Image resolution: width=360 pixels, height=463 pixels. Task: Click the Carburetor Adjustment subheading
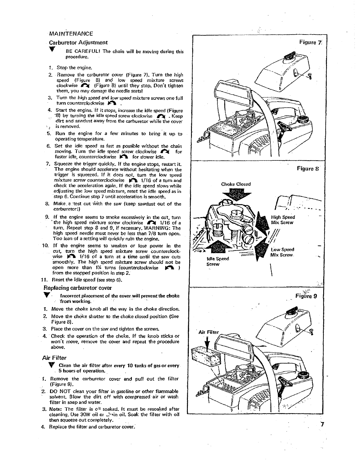pos(79,42)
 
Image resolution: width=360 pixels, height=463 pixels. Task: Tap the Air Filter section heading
pos(54,358)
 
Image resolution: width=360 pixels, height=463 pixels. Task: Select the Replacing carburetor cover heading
pos(77,288)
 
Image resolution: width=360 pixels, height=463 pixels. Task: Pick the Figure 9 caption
pos(308,296)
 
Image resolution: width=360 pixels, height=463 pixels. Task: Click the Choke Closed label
pos(236,184)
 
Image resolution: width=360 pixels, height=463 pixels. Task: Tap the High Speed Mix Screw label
pos(283,220)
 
